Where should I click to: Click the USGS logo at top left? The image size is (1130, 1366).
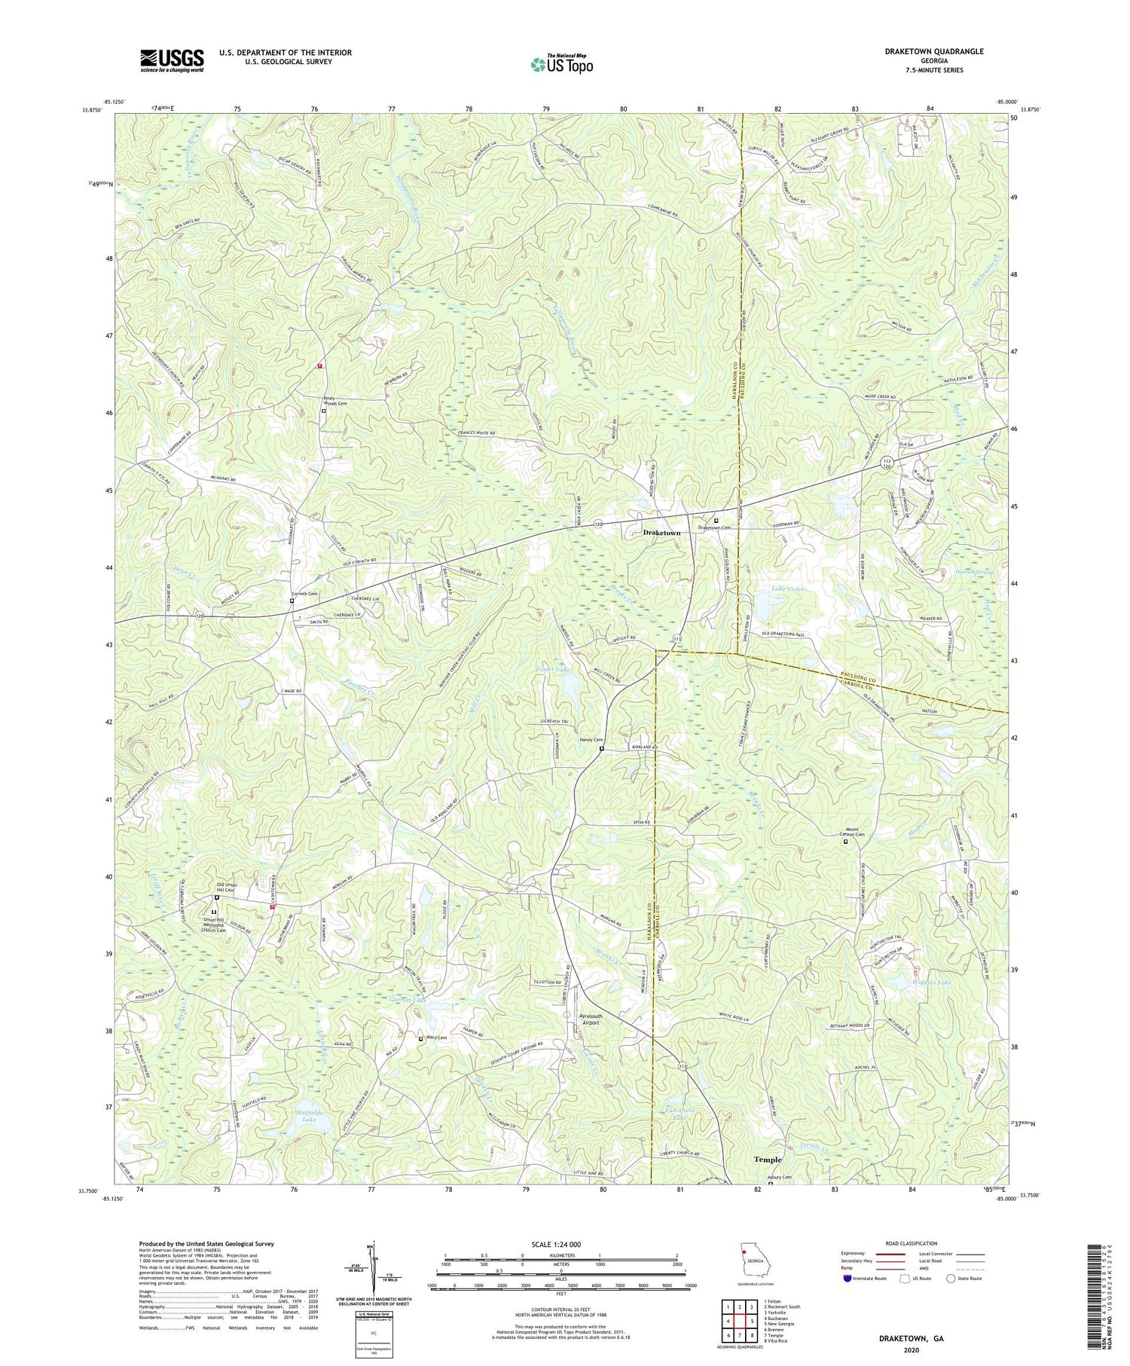pyautogui.click(x=172, y=60)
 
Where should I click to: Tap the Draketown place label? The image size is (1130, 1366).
pyautogui.click(x=661, y=533)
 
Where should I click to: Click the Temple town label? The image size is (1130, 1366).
pyautogui.click(x=768, y=1160)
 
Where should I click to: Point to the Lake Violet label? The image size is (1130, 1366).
pyautogui.click(x=787, y=588)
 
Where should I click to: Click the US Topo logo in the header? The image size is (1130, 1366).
pyautogui.click(x=561, y=64)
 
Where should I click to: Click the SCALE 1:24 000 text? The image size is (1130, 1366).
pyautogui.click(x=561, y=1244)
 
